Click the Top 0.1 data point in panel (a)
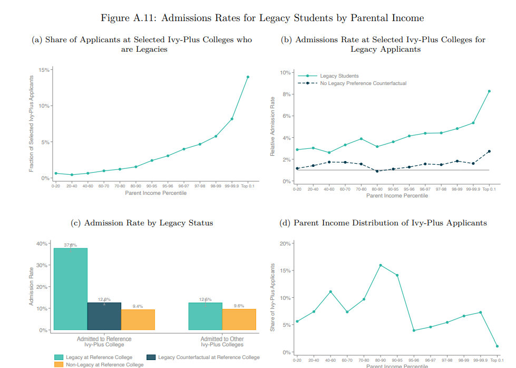coord(248,77)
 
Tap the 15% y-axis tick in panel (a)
coord(44,70)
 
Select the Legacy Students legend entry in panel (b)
coord(339,76)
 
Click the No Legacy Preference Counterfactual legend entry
coord(363,83)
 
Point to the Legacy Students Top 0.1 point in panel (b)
coord(489,91)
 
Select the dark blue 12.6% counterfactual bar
coord(104,316)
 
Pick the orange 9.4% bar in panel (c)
coord(138,319)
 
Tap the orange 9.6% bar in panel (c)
coord(239,319)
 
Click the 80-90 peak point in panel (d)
coord(381,265)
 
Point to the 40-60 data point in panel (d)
coord(330,291)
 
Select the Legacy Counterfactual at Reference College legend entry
coord(209,357)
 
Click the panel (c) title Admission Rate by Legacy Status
coord(142,223)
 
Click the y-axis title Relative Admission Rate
coord(272,126)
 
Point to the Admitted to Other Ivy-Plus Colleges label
coord(222,342)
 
